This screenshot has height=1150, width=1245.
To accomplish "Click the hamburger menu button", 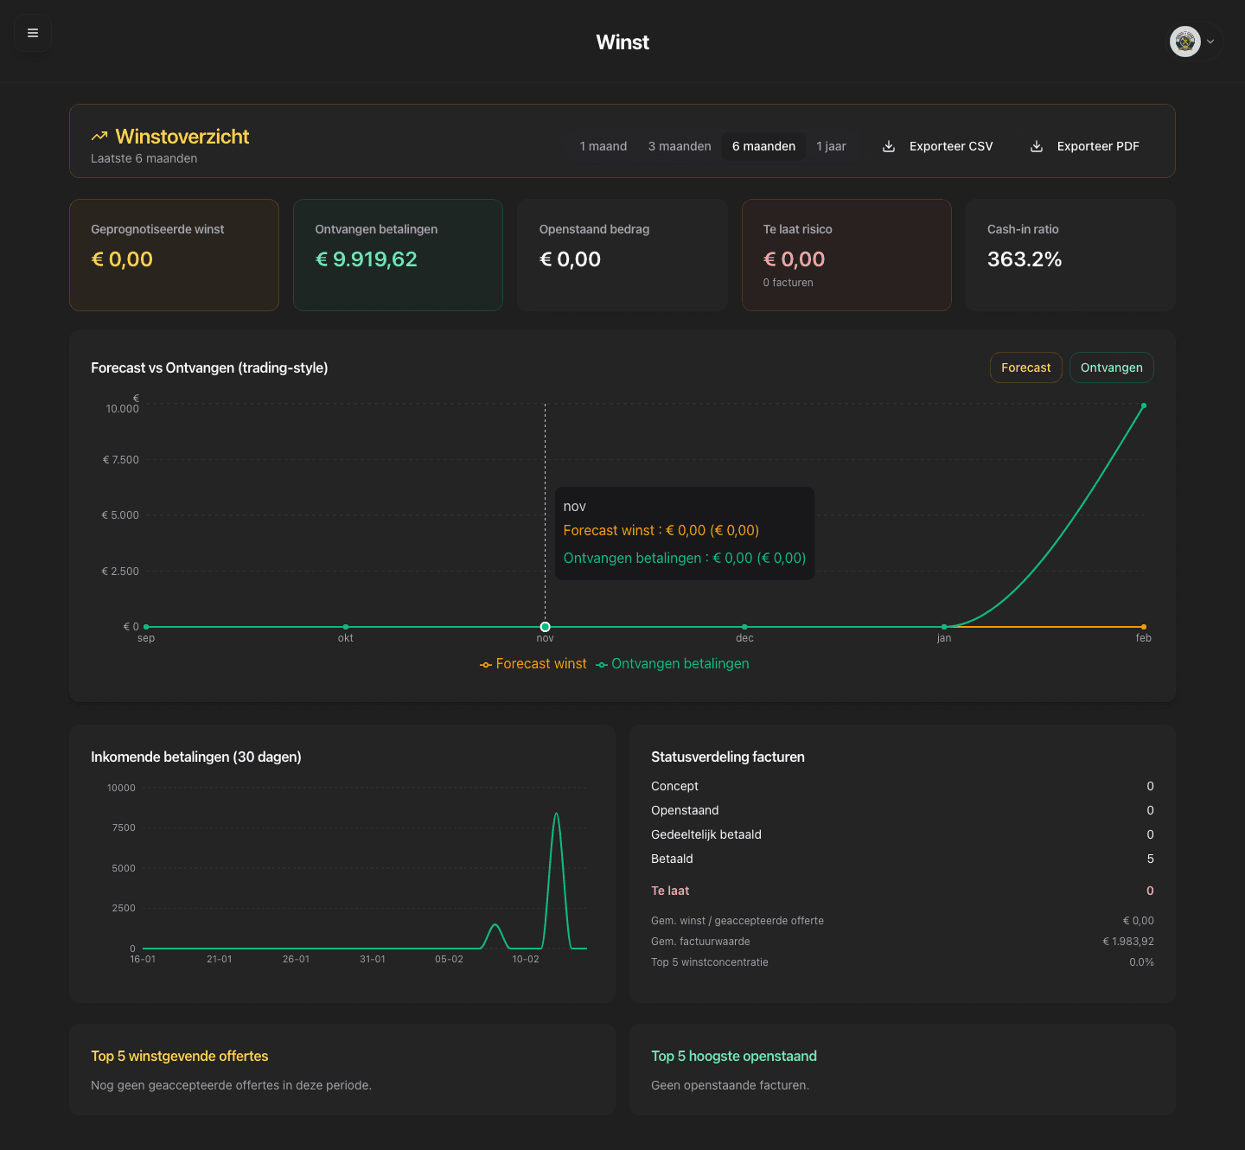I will click(33, 33).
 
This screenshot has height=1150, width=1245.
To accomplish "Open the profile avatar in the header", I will click(1185, 41).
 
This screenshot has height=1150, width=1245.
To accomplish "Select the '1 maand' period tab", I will click(603, 146).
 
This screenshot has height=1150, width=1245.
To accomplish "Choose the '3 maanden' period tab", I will click(680, 146).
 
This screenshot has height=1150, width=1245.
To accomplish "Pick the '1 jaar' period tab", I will click(831, 146).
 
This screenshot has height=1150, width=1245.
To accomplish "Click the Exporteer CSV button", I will click(938, 146).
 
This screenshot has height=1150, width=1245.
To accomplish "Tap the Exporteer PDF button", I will click(1085, 146).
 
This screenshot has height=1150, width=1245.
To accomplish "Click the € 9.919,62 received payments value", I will click(367, 259).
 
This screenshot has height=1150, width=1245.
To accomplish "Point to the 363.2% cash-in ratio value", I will click(1025, 259).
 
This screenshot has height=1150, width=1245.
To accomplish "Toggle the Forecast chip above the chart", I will click(1025, 367).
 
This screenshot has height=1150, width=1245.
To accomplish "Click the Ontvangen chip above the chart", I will click(1111, 367).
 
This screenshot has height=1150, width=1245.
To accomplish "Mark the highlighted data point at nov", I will click(545, 627).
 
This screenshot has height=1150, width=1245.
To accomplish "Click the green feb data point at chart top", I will click(1144, 406).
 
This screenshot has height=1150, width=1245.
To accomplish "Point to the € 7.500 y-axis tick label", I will click(121, 460).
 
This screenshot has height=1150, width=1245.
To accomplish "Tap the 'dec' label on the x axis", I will click(744, 638).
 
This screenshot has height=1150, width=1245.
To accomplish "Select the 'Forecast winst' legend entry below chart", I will click(533, 664).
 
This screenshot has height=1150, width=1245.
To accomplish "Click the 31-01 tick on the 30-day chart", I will click(373, 959).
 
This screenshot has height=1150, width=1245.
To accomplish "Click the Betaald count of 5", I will click(1150, 859).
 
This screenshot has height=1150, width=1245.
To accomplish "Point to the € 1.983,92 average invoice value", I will click(1127, 942).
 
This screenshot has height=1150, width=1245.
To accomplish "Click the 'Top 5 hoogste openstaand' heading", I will click(734, 1056).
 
